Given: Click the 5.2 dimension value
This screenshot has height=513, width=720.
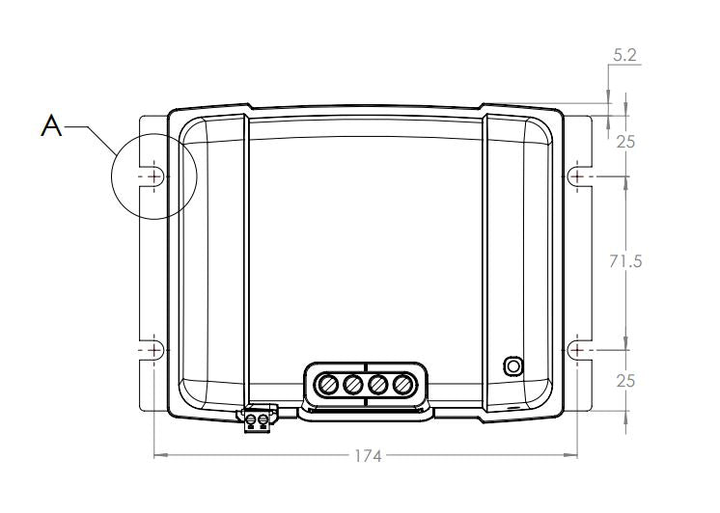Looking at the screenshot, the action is [625, 55].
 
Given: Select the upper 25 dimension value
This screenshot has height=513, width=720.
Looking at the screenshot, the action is [625, 143].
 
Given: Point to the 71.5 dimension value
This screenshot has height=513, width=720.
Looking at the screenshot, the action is [625, 261].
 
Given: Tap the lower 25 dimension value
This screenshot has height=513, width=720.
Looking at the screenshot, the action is [625, 381].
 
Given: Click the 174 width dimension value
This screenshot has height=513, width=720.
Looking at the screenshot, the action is [368, 456].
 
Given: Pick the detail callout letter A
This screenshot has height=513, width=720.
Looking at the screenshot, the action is [51, 125].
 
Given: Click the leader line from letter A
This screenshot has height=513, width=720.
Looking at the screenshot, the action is [91, 139].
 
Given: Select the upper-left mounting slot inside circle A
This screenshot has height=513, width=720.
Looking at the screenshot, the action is [152, 176].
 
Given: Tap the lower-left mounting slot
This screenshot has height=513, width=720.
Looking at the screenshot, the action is [152, 351].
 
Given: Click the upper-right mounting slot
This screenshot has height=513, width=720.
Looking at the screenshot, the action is [579, 176].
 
